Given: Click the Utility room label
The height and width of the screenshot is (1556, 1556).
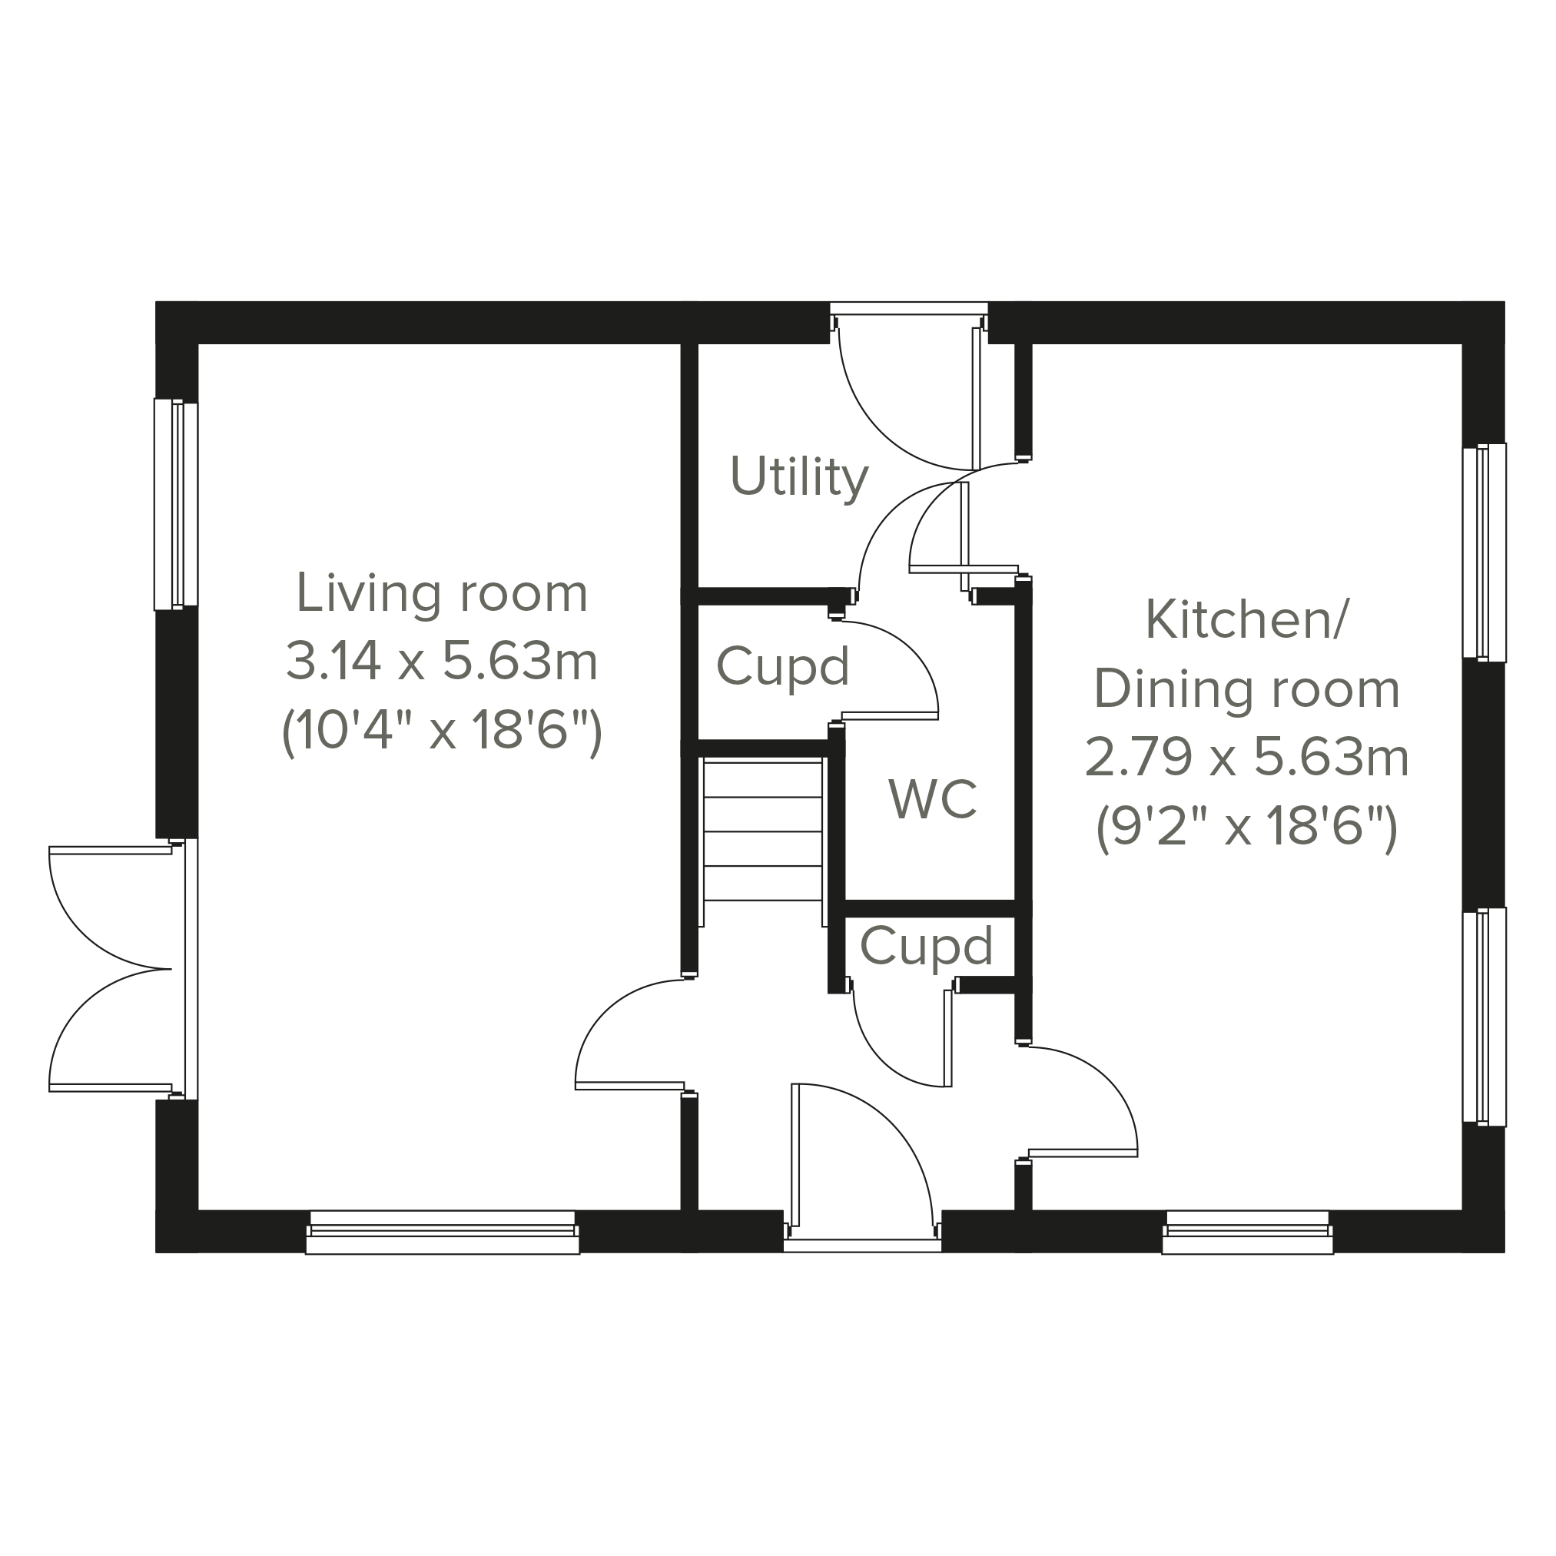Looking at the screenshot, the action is click(799, 478).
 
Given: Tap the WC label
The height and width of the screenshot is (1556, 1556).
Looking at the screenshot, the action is click(933, 799).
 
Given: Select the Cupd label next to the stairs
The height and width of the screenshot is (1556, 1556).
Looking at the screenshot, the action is click(783, 668).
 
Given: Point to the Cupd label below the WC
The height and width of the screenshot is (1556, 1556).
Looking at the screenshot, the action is click(926, 947).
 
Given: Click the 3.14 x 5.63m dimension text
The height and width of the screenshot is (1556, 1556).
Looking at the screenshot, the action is click(442, 662).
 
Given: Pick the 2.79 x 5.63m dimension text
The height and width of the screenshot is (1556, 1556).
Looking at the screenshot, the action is click(1247, 758).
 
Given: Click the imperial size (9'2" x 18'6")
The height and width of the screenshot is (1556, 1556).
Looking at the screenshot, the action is click(1247, 829).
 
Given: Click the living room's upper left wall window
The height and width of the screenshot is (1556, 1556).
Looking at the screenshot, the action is click(177, 505).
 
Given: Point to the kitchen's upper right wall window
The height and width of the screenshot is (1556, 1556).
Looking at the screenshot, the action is click(1484, 552).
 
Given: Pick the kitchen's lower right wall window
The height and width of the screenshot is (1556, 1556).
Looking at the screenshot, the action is click(1484, 1017).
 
